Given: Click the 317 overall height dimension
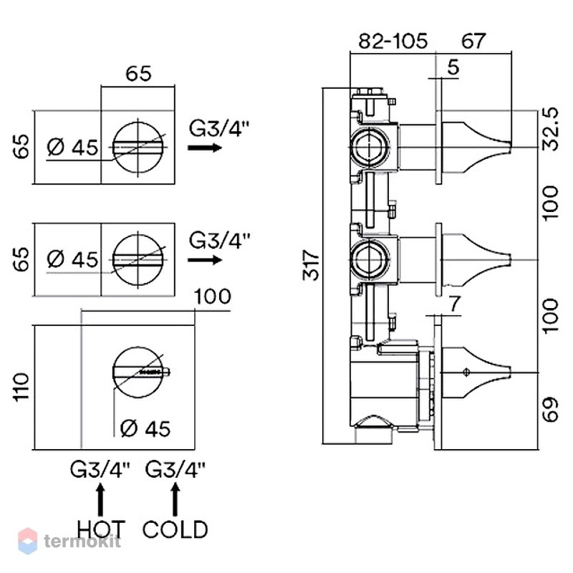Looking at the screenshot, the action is pyautogui.click(x=311, y=265).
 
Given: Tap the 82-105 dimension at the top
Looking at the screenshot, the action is pyautogui.click(x=393, y=41).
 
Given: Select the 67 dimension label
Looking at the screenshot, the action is pyautogui.click(x=473, y=41).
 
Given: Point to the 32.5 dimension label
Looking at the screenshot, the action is pyautogui.click(x=550, y=129).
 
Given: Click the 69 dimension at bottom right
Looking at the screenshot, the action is pyautogui.click(x=550, y=409).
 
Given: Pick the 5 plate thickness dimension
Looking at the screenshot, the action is pyautogui.click(x=453, y=67).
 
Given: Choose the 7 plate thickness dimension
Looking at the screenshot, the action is pyautogui.click(x=454, y=304).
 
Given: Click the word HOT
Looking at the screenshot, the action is pyautogui.click(x=101, y=529).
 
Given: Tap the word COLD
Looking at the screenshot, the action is pyautogui.click(x=175, y=529).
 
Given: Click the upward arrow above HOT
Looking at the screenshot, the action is pyautogui.click(x=100, y=499).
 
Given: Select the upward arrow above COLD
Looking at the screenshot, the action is pyautogui.click(x=175, y=499).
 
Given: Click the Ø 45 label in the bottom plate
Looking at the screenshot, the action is pyautogui.click(x=145, y=428).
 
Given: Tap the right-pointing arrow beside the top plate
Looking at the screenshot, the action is pyautogui.click(x=205, y=148).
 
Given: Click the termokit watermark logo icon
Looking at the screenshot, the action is pyautogui.click(x=28, y=541).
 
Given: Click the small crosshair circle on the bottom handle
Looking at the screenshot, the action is pyautogui.click(x=466, y=372).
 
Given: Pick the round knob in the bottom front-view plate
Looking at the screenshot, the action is pyautogui.click(x=138, y=372).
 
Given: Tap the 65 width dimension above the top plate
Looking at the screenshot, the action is pyautogui.click(x=138, y=74).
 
